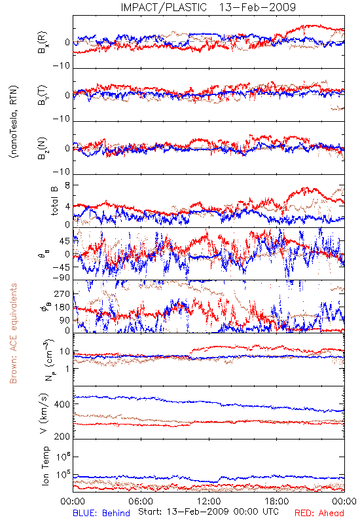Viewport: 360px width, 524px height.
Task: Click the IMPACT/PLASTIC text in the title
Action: click(x=164, y=7)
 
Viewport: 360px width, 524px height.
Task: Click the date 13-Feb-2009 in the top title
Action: click(x=257, y=7)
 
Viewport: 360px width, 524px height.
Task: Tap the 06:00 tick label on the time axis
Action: click(x=141, y=501)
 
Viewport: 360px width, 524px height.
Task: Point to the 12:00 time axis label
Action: click(x=209, y=501)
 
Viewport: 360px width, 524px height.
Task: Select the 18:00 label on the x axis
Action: click(x=277, y=501)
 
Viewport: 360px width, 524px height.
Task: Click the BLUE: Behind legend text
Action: click(x=101, y=513)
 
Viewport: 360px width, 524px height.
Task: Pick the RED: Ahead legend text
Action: click(x=319, y=513)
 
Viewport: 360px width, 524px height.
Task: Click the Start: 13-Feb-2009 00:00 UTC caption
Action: click(x=208, y=512)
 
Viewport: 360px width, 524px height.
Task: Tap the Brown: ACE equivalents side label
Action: click(x=13, y=333)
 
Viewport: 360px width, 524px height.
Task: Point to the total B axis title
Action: click(x=54, y=201)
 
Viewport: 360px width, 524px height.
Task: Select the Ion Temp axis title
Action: click(x=46, y=466)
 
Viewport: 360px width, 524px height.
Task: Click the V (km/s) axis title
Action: click(x=44, y=413)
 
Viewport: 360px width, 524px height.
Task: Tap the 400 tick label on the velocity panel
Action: click(x=62, y=404)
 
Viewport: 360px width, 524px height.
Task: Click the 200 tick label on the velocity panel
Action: click(x=62, y=436)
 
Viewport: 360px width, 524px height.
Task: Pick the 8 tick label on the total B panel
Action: click(x=67, y=185)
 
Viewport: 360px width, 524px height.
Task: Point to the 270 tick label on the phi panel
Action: click(x=62, y=293)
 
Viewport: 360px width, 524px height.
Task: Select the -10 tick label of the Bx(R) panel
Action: click(x=62, y=65)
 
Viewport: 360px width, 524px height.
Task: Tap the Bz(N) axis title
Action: click(x=43, y=148)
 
